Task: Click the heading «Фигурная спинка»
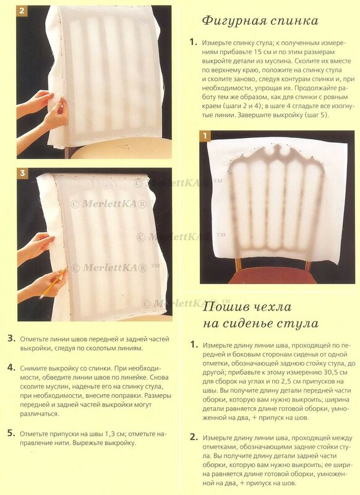click(260, 21)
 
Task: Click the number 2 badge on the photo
click(22, 11)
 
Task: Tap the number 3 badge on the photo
click(22, 173)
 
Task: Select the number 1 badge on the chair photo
click(205, 136)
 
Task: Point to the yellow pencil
click(53, 283)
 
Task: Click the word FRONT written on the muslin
click(104, 183)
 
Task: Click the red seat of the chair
click(272, 277)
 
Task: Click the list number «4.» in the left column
click(12, 368)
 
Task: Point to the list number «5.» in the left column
click(12, 434)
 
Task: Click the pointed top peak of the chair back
click(278, 145)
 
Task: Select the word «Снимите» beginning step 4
click(32, 368)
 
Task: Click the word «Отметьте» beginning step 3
click(34, 339)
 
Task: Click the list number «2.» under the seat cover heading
click(194, 437)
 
